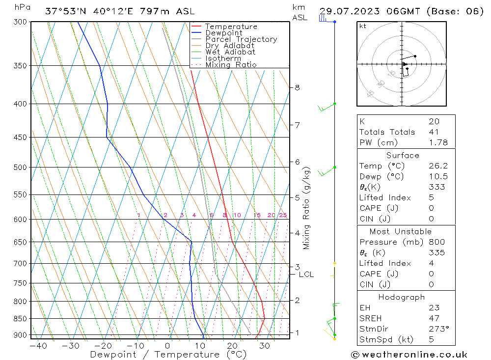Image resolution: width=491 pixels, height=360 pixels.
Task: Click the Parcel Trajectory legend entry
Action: (x=241, y=39)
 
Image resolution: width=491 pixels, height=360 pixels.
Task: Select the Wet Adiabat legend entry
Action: (x=230, y=52)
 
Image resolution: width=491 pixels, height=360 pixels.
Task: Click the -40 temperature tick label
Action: (x=38, y=346)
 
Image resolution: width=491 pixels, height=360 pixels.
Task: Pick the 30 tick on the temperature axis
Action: (x=265, y=346)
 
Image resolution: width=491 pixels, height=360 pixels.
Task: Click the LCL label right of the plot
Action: (x=306, y=275)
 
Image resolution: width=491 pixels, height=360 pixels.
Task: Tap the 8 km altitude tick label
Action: (x=297, y=87)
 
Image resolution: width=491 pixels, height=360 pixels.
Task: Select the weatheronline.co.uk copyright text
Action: (x=409, y=355)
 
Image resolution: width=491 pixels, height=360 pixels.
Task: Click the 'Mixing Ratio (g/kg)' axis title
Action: (x=307, y=208)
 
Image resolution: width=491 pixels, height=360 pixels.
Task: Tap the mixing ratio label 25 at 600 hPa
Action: (x=283, y=215)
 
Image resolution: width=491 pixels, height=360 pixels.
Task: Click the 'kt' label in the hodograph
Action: (x=363, y=26)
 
